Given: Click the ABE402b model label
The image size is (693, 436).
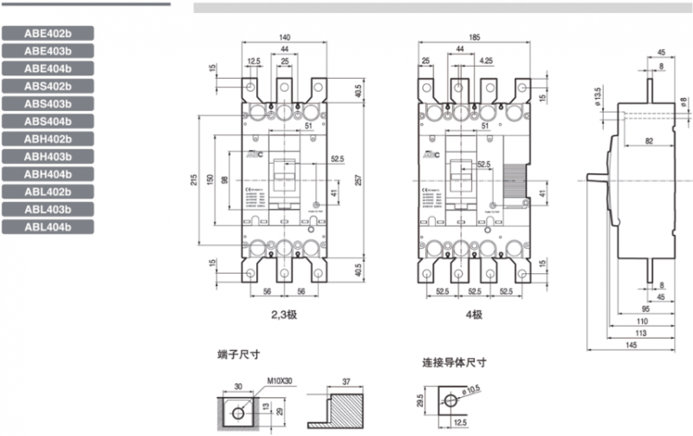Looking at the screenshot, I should (x=48, y=33).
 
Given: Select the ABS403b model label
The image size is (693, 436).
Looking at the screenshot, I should (x=48, y=103).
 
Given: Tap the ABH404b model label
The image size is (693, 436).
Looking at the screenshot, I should (x=48, y=174).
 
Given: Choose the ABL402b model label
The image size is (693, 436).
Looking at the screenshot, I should (x=48, y=192).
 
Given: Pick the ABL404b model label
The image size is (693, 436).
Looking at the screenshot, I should (x=48, y=227).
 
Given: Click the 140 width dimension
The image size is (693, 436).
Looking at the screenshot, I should (x=285, y=37).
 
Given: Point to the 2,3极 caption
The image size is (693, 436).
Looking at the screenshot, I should (x=284, y=315).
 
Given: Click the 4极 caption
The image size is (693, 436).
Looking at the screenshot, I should (x=474, y=315).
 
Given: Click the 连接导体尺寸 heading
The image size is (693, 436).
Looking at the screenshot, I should (x=453, y=363).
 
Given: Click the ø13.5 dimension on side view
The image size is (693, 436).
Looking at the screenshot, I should (x=598, y=97).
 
